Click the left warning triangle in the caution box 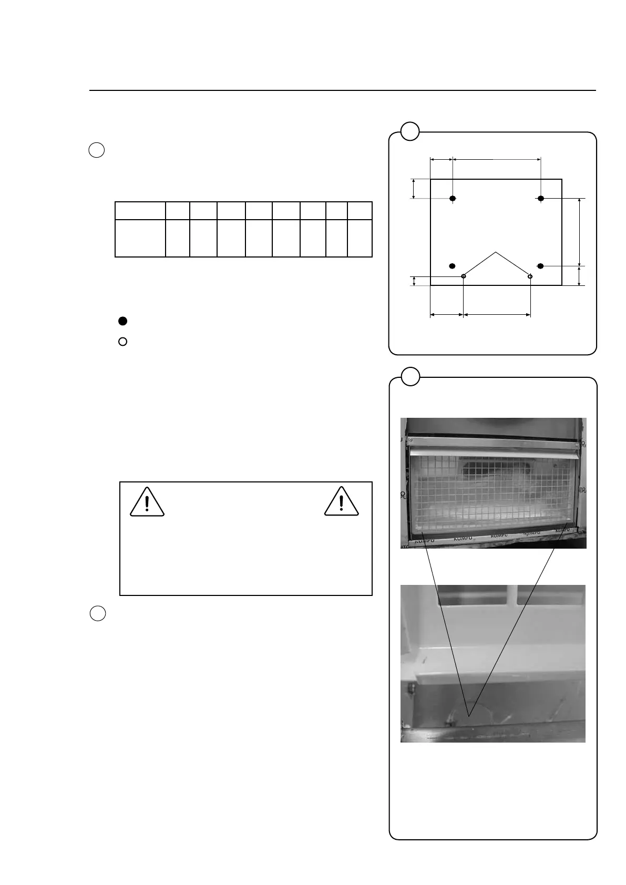147,502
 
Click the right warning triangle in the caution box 342,502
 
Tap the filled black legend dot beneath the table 122,321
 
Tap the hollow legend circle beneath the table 122,342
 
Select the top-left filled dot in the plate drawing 453,198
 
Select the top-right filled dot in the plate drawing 540,198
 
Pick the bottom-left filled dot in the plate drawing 453,265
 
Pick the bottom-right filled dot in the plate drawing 540,265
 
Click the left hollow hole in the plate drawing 463,276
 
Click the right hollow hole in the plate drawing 530,276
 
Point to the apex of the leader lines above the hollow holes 496,253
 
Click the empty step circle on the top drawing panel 410,131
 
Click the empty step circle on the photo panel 410,376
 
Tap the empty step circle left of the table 97,150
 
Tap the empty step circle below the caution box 97,613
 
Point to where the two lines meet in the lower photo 469,715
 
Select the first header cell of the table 140,211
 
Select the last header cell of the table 360,211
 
